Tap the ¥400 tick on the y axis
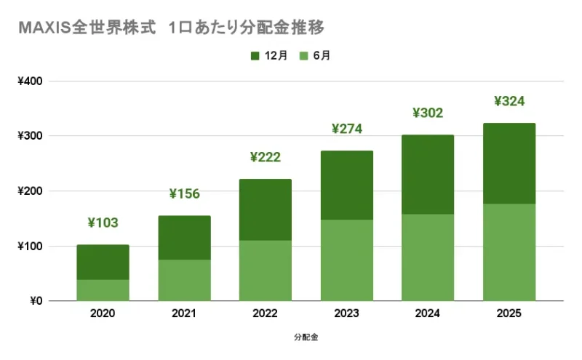[30, 81]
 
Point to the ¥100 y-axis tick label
[30, 247]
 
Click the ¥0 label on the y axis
[35, 301]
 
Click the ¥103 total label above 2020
[103, 223]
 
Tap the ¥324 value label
[509, 101]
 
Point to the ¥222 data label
[266, 157]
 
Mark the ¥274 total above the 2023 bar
[347, 129]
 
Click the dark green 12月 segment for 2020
[103, 263]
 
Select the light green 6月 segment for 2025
[509, 252]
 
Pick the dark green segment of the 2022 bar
[266, 209]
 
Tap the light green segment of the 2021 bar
[184, 280]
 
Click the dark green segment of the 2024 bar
[428, 175]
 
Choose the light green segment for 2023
[347, 260]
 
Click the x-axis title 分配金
[306, 338]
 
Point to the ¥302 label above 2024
[428, 113]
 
